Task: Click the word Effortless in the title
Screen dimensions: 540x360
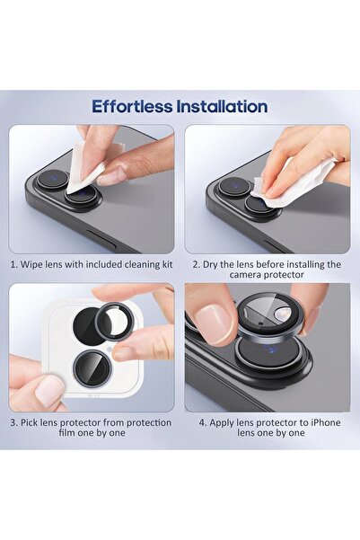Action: point(134,106)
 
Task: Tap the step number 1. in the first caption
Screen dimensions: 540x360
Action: point(14,265)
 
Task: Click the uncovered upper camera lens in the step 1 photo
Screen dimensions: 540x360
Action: point(52,179)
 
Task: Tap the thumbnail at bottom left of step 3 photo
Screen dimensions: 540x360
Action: point(49,391)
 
